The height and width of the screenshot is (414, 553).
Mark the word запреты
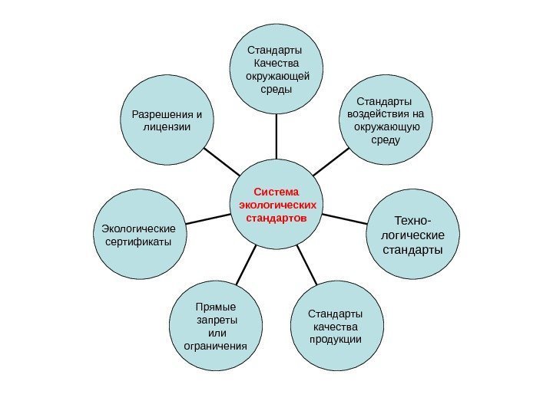click(x=217, y=320)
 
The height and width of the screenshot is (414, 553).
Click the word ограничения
click(x=217, y=346)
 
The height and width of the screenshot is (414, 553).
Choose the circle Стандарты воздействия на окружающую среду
click(x=384, y=120)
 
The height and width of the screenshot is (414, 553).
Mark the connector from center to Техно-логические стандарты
click(x=346, y=220)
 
